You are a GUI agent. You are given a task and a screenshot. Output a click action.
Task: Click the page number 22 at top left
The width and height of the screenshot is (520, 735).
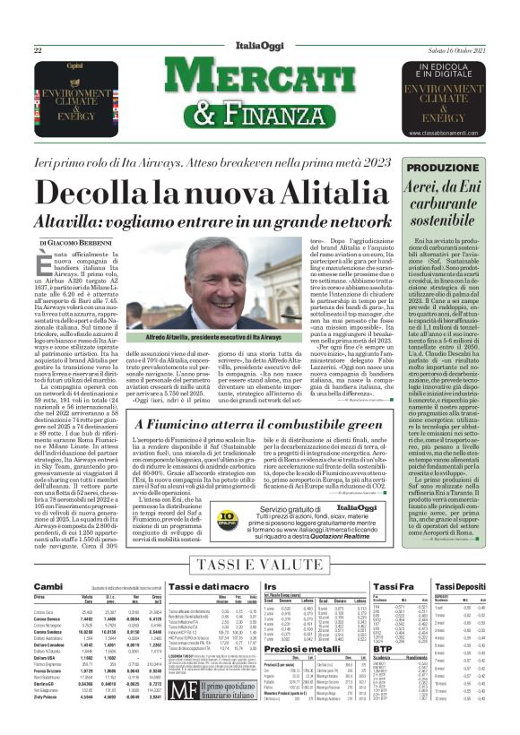[x=38, y=50]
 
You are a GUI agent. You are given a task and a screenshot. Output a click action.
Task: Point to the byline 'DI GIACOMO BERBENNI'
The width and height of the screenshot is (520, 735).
[x=74, y=243]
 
